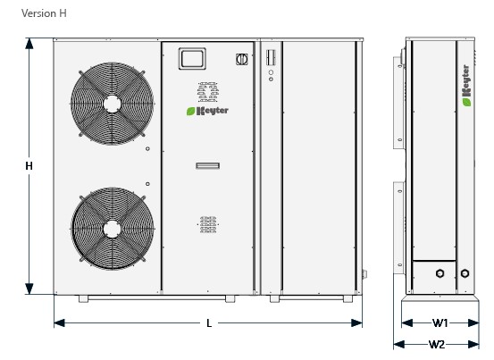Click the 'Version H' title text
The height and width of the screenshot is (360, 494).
coord(44,13)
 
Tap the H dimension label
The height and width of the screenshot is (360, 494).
coord(29,166)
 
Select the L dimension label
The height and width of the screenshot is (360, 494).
coord(209,323)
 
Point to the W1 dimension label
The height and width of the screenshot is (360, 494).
coord(440,322)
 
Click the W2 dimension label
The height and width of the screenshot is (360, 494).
coord(437,345)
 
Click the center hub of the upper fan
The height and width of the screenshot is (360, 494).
coord(112,104)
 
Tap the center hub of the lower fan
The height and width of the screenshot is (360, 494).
coord(112,229)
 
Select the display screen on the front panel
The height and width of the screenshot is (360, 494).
coord(192,59)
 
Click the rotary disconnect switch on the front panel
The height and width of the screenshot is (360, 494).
coord(242,59)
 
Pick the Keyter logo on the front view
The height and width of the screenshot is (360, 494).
coord(207,111)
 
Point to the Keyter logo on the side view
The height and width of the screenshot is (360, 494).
coord(466,86)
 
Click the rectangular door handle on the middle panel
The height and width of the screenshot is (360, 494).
coord(207,165)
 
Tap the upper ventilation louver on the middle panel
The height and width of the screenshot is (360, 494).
coord(207,92)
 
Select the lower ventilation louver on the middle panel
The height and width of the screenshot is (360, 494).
coord(208,224)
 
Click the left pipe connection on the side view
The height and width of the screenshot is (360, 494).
coord(440,273)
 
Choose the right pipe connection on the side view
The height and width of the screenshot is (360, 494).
coord(465,273)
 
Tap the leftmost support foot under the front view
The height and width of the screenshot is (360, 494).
coord(83,298)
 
